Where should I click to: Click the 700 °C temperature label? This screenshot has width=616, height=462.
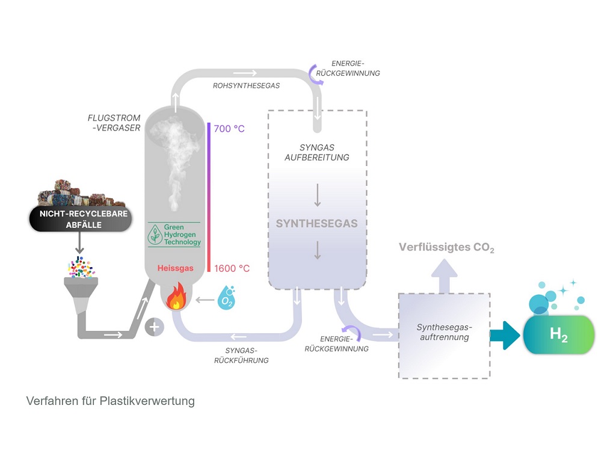[229, 129]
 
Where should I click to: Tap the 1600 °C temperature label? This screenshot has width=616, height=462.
[232, 268]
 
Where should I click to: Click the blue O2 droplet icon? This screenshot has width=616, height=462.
[227, 298]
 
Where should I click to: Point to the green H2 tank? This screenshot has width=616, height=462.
[559, 334]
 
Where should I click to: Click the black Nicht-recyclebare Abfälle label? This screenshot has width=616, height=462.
[80, 220]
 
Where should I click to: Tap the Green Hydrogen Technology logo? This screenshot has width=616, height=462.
[174, 235]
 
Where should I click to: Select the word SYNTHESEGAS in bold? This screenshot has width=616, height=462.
[316, 224]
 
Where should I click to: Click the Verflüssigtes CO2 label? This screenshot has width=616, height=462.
[446, 248]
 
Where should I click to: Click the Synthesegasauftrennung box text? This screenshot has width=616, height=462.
[445, 333]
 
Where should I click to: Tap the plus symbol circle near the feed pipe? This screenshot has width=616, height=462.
[155, 327]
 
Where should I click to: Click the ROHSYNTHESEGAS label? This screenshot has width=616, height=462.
[246, 86]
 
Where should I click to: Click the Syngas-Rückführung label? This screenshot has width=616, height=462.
[241, 355]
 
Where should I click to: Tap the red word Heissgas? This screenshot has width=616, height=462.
[176, 268]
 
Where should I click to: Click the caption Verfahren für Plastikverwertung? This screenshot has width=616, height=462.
[111, 401]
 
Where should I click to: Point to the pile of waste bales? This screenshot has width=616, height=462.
[81, 192]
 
